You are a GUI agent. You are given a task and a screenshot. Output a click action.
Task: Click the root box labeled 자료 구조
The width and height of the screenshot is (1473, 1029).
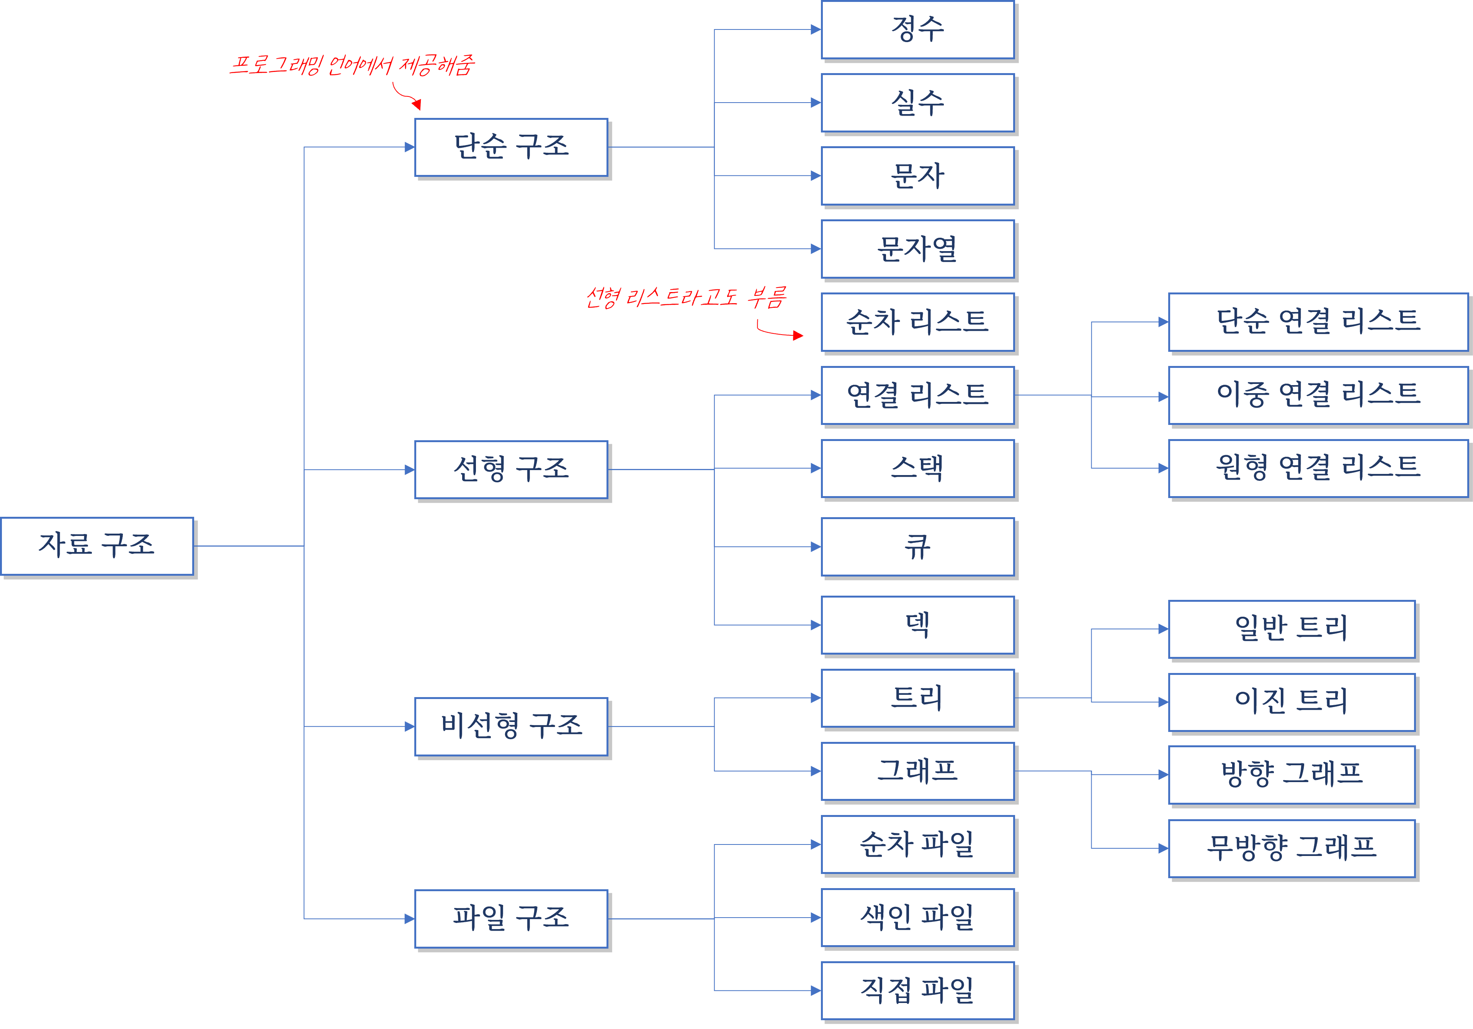(x=97, y=546)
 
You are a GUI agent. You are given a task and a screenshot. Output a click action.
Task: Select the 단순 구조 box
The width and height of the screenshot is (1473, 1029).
(x=511, y=147)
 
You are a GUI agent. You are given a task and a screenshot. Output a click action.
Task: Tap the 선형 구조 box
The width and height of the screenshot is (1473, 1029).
(x=511, y=470)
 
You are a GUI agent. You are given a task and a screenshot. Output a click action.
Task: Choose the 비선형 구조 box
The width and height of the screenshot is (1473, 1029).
(x=511, y=726)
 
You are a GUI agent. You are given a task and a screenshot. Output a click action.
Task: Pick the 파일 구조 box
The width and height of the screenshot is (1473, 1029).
(x=511, y=919)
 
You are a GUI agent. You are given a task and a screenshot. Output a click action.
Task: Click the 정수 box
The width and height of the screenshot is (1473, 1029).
(x=917, y=29)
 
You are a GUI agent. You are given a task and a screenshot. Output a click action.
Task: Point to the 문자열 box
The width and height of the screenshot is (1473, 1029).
(x=917, y=249)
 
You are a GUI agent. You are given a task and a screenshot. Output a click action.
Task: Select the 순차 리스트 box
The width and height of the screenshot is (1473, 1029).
(x=917, y=322)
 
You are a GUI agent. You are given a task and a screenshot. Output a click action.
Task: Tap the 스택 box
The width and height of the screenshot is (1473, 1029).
(x=917, y=468)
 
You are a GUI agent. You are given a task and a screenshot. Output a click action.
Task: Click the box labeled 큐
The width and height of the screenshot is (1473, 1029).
(x=917, y=547)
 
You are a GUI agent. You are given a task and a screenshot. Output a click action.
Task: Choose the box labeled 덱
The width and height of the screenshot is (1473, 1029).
(x=917, y=625)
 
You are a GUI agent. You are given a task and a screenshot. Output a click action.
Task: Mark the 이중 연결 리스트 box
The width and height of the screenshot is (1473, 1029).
(x=1318, y=395)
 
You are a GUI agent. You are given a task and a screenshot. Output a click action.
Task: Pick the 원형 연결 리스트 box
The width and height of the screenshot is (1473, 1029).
(x=1318, y=468)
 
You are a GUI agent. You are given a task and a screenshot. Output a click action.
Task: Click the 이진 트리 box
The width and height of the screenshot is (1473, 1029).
(x=1292, y=702)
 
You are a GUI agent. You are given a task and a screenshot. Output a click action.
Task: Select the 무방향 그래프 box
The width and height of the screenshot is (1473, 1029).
(x=1292, y=848)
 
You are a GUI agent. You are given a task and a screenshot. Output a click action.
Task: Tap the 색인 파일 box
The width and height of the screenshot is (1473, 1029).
(x=917, y=917)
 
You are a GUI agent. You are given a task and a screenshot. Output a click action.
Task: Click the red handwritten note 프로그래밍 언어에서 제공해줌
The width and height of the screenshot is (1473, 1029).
(x=352, y=65)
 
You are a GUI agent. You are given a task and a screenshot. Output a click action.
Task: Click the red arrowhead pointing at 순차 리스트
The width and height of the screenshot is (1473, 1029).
(x=798, y=335)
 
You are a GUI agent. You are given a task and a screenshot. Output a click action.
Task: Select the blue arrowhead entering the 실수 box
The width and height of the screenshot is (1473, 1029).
(x=816, y=103)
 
